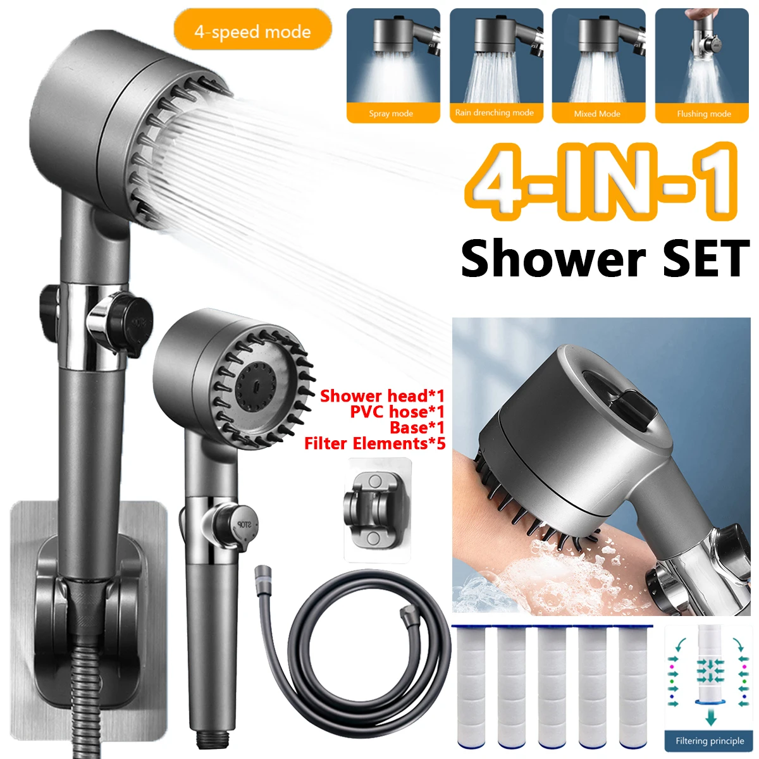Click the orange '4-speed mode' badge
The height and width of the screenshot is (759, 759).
coord(253,32)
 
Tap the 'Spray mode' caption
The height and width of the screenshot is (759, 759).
coord(391,114)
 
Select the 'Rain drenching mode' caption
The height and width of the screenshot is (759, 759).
coord(495,113)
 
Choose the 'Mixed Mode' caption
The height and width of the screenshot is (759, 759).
coord(597,114)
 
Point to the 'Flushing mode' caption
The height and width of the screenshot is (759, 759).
coord(703,114)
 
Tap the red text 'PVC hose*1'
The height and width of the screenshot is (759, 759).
coord(397,412)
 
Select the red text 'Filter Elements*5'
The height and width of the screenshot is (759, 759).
coord(374,443)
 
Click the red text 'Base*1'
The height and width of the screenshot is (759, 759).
coord(417,428)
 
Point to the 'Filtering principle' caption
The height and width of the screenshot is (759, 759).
coord(710,741)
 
